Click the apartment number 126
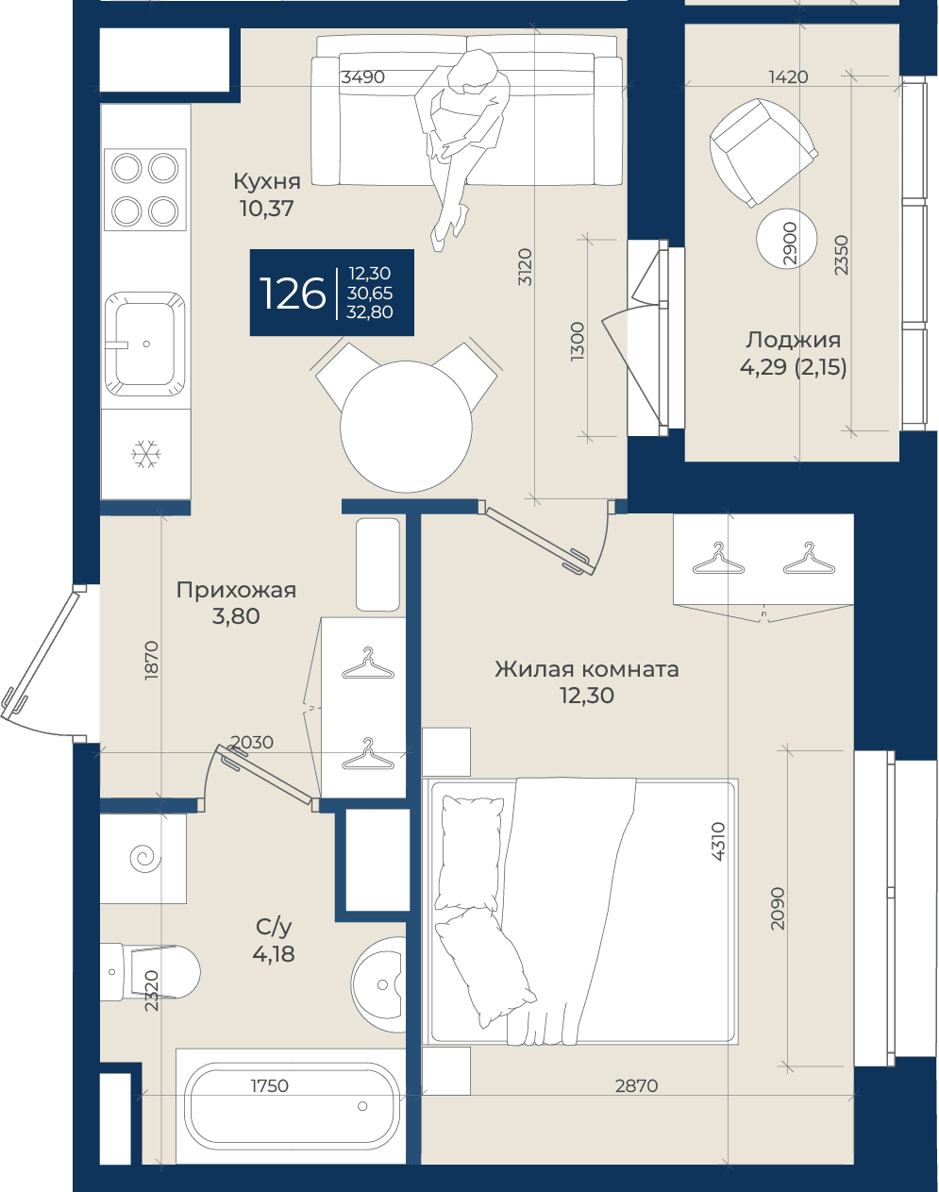pos(293,293)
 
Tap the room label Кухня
pos(266,181)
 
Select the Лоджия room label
pos(793,340)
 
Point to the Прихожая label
pos(236,591)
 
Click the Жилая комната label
pos(587,669)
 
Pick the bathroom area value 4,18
pos(273,954)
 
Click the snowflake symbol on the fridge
pos(145,454)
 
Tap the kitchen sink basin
pos(145,344)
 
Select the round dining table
pos(406,426)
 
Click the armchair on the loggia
pos(763,152)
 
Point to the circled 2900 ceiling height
pos(786,240)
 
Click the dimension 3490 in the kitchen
pos(362,77)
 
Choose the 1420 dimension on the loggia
pos(788,77)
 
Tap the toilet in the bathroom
pos(149,971)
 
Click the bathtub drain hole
pos(362,1106)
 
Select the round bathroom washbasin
pos(379,984)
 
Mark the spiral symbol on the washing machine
pos(145,858)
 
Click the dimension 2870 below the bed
pos(636,1085)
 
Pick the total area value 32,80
pos(370,311)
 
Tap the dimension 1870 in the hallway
pos(151,661)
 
